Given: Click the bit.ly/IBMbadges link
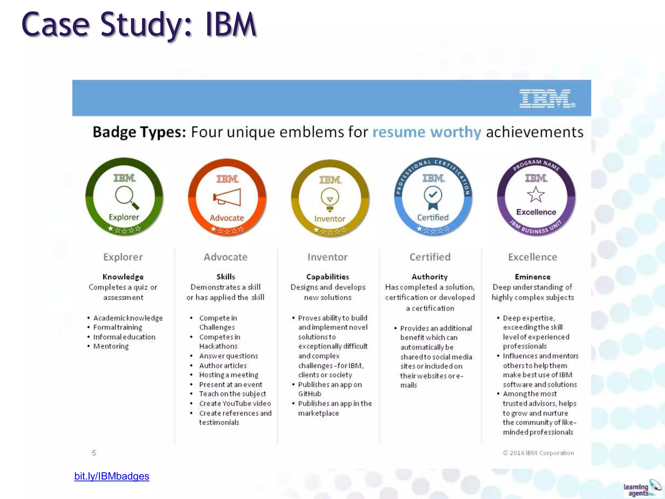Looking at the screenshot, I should point(112,476).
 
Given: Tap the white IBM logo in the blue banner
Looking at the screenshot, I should point(547,98).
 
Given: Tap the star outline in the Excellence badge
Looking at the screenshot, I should point(536,194).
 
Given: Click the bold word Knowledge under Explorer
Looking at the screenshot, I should point(123,277).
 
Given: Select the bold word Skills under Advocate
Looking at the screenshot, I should point(226,277).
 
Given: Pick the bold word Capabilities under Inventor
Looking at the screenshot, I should point(328,277).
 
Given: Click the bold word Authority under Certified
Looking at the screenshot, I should point(430,277).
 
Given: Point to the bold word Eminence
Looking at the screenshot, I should point(533,277).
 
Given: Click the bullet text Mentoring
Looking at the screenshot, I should point(111,346).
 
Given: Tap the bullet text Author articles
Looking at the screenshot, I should point(223,365).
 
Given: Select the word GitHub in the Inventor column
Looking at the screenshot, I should point(310,394).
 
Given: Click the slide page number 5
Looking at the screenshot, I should point(94,453).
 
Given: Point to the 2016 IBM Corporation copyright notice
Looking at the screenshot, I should point(538,453).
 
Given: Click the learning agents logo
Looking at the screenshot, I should point(641,489).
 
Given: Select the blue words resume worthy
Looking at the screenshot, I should point(426,132).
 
